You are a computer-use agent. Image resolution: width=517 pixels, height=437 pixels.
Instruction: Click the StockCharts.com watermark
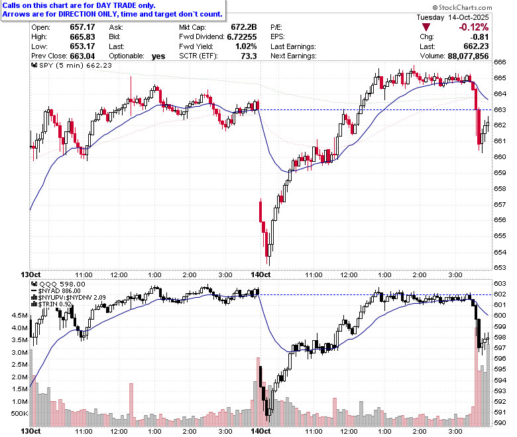click(462, 7)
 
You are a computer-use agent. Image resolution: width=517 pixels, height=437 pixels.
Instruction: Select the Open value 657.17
click(82, 27)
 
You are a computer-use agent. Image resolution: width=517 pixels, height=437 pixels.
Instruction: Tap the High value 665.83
click(82, 36)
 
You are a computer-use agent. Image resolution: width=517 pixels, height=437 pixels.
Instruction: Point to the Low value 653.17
click(82, 46)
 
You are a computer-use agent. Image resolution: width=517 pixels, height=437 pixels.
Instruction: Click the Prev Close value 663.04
click(82, 56)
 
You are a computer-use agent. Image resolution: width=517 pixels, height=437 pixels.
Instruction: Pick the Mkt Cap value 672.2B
click(244, 27)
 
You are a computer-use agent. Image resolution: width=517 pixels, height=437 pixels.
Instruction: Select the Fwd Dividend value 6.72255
click(242, 36)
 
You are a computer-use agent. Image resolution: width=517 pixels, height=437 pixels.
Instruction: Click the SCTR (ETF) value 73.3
click(249, 56)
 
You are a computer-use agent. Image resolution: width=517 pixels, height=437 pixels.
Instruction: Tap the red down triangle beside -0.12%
click(426, 27)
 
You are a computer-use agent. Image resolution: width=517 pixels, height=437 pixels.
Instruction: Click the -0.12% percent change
click(474, 27)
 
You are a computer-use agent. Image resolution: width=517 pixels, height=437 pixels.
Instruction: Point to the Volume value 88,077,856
click(468, 56)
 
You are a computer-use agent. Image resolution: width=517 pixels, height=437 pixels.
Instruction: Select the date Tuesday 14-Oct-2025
click(453, 17)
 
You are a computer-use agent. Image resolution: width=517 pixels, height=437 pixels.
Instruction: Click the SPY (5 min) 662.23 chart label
click(72, 65)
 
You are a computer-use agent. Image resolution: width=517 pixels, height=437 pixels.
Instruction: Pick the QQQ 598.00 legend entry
click(58, 284)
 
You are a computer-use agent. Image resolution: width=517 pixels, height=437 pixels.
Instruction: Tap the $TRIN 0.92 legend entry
click(52, 304)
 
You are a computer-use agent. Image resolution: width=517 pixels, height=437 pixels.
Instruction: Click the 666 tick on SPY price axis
click(500, 62)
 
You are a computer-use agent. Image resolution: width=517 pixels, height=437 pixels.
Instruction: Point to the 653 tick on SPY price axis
click(500, 267)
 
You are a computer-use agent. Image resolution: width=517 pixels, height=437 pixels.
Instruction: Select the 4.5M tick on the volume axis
click(20, 315)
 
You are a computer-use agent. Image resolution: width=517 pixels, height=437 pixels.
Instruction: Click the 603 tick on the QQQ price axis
click(500, 283)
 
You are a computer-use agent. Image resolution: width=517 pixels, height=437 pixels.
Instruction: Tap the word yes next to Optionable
click(158, 56)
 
